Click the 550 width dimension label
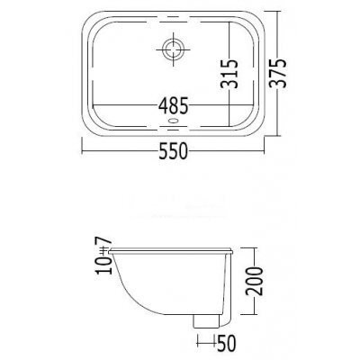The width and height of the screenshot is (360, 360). tap(174, 150)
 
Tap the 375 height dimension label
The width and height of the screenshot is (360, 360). tap(277, 73)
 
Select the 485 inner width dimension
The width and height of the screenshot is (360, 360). tap(174, 105)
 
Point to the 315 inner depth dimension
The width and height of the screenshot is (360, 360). tap(229, 74)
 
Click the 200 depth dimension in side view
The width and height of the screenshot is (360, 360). tap(254, 281)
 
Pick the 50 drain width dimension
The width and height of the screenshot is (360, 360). tap(226, 343)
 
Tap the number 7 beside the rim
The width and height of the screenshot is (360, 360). tap(103, 240)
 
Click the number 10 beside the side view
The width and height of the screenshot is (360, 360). tap(103, 265)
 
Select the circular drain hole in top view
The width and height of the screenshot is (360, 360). tap(173, 49)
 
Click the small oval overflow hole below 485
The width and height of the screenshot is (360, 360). tap(174, 121)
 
